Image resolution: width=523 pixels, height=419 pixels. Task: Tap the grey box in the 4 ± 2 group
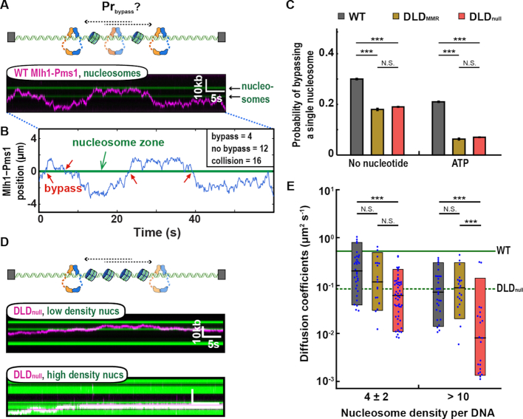pyautogui.click(x=358, y=273)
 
